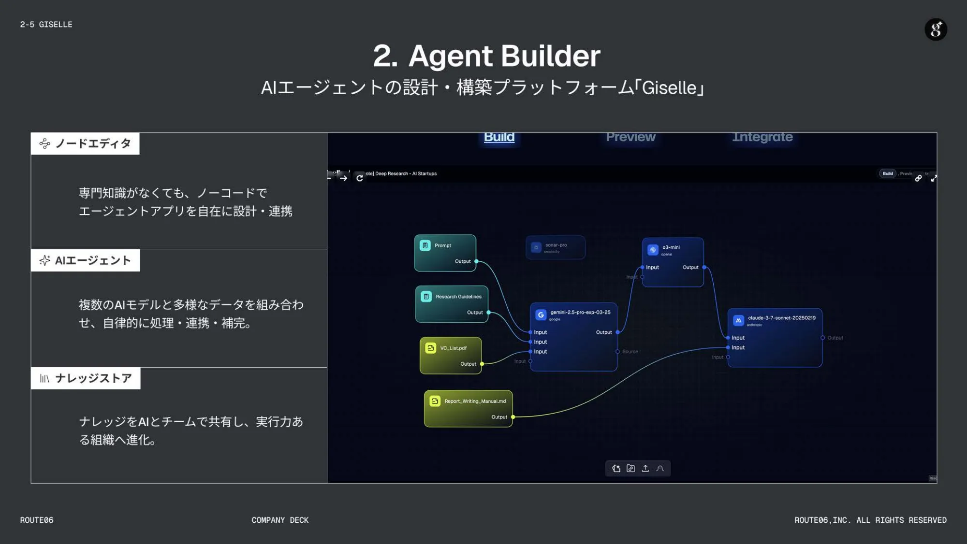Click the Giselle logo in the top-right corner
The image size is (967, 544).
936,29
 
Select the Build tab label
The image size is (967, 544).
499,137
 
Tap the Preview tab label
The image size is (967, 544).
630,137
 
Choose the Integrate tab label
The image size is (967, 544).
762,137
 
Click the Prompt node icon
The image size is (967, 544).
425,245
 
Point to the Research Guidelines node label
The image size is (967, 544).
458,297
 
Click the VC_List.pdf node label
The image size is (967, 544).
453,348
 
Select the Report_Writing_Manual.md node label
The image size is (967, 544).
475,401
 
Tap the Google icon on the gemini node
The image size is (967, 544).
541,315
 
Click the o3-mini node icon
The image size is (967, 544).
653,250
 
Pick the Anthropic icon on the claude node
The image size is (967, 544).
738,320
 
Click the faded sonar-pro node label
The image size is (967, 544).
556,245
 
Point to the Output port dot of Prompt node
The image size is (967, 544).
476,261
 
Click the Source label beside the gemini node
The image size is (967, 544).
630,352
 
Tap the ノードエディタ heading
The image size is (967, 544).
93,143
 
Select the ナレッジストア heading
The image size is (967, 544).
93,378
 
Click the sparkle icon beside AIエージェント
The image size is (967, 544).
44,260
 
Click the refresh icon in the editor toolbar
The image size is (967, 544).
359,178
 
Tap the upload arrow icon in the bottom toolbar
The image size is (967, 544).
645,468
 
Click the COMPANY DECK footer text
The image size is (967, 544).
280,520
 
